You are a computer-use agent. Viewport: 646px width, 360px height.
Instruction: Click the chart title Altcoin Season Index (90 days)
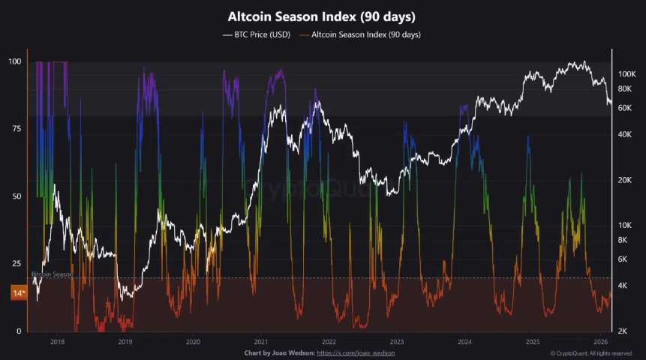pos(322,16)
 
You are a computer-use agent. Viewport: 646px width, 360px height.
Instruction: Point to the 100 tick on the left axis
pos(15,61)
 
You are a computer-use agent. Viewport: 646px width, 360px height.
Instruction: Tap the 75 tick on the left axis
pos(17,129)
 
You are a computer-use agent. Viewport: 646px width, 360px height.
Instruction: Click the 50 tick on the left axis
pos(17,196)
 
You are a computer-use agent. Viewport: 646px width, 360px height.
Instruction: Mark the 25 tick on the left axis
pos(17,264)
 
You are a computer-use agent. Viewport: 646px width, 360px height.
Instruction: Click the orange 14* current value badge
pos(18,293)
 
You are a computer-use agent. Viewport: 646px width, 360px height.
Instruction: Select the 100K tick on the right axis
pos(626,74)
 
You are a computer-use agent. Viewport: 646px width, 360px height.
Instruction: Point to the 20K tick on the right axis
pos(625,180)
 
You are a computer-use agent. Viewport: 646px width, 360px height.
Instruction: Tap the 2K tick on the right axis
pos(623,331)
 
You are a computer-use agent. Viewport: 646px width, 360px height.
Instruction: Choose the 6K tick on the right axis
pos(623,259)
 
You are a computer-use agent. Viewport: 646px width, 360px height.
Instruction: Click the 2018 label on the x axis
pos(57,341)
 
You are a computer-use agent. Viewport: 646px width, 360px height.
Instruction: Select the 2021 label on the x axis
pos(260,341)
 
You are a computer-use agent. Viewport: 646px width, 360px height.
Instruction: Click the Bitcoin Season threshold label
pos(52,274)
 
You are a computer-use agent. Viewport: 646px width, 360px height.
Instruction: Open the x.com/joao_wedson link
pos(356,352)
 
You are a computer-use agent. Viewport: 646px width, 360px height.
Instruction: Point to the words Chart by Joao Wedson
pos(278,352)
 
